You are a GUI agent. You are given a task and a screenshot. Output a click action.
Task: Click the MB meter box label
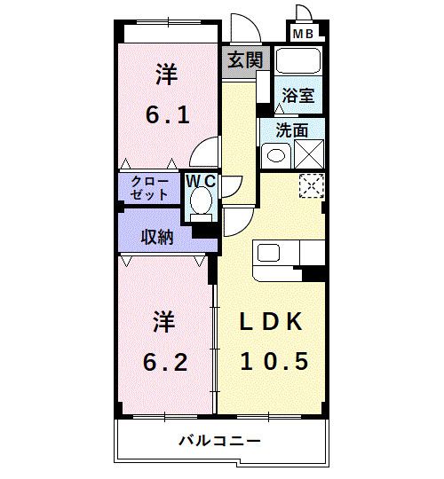click(304, 34)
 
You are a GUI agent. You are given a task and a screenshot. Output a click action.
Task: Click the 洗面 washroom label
click(292, 129)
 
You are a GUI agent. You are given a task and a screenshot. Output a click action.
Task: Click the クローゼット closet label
click(149, 188)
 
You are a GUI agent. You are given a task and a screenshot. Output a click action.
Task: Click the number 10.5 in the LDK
click(274, 362)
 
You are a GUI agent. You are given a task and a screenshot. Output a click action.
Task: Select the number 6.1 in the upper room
click(167, 114)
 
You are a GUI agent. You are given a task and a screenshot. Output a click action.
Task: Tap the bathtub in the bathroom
click(297, 62)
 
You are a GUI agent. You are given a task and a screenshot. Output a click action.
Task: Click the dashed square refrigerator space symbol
click(310, 186)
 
